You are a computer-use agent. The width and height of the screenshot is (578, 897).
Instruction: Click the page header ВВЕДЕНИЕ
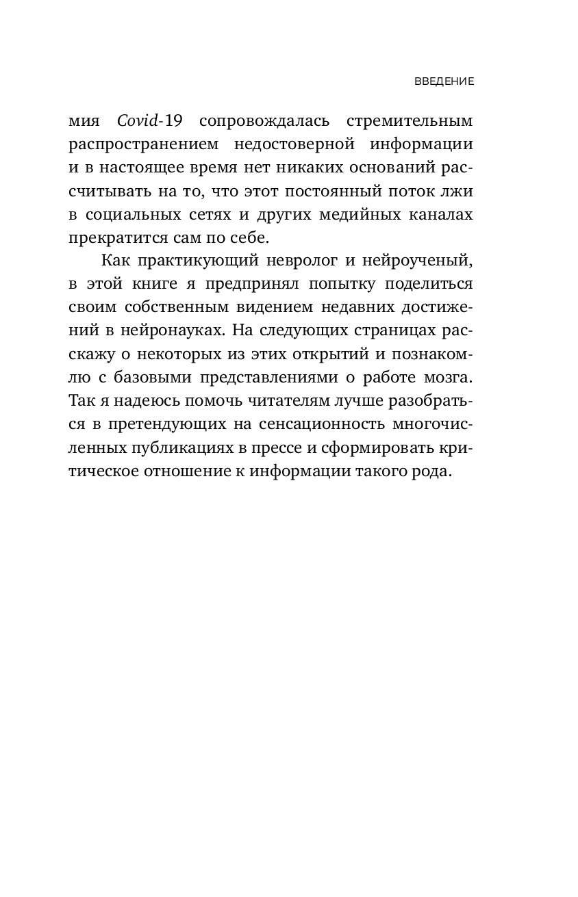(444, 81)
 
